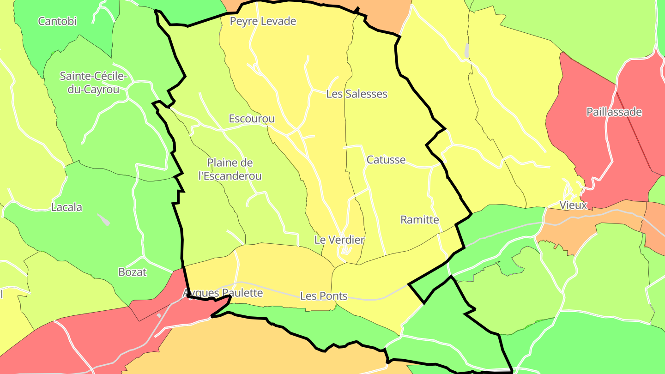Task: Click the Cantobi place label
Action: (57, 21)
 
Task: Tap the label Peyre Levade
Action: (263, 21)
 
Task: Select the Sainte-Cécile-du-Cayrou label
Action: (93, 83)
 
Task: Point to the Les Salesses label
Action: (357, 94)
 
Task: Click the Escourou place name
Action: (252, 119)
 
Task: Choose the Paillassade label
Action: (614, 112)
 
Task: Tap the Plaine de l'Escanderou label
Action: (230, 169)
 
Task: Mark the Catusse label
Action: (386, 160)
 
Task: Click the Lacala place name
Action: (66, 207)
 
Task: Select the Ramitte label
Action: (419, 220)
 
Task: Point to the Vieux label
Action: (573, 205)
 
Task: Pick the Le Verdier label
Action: (339, 240)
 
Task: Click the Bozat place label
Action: (133, 272)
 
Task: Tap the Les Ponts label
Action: (324, 296)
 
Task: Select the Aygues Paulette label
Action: (223, 293)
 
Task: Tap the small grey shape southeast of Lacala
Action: (104, 220)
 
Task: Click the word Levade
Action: (278, 21)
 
